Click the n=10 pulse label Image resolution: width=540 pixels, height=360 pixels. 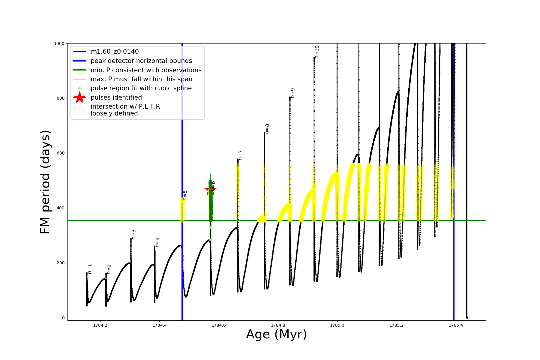pos(317,52)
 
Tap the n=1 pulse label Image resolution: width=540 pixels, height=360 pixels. pos(89,269)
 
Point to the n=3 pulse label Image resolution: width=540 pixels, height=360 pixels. pos(133,234)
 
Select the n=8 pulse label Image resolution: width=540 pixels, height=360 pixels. pos(267,129)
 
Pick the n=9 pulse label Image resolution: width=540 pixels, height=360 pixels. pos(292,93)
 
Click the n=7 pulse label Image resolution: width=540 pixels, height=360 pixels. pos(240,155)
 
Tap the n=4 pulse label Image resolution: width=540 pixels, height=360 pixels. pos(157,242)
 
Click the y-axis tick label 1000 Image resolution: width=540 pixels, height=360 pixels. pos(59,43)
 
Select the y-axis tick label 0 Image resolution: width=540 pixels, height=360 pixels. pos(63,318)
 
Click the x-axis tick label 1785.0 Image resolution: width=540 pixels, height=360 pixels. pos(337,325)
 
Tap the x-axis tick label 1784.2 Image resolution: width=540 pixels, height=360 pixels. pos(100,325)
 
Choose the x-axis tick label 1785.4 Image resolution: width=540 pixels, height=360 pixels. pos(456,325)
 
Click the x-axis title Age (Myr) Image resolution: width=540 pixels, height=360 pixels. pos(276,334)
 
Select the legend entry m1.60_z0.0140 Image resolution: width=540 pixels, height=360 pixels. pos(115,52)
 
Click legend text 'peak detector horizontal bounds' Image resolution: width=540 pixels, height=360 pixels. pos(141,61)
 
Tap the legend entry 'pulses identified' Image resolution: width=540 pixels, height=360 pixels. pos(116,97)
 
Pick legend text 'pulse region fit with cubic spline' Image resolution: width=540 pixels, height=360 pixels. pos(141,88)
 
